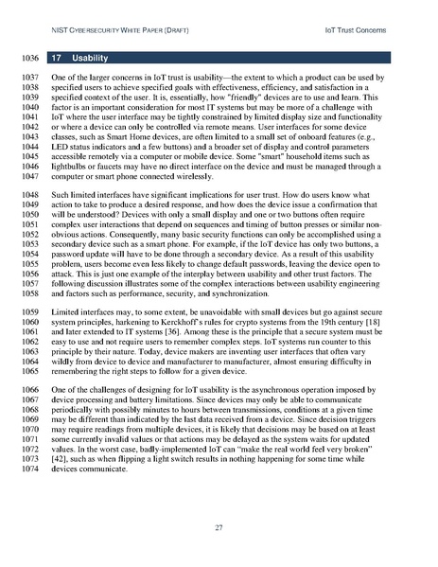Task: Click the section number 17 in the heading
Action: (57, 57)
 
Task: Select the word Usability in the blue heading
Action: (91, 57)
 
